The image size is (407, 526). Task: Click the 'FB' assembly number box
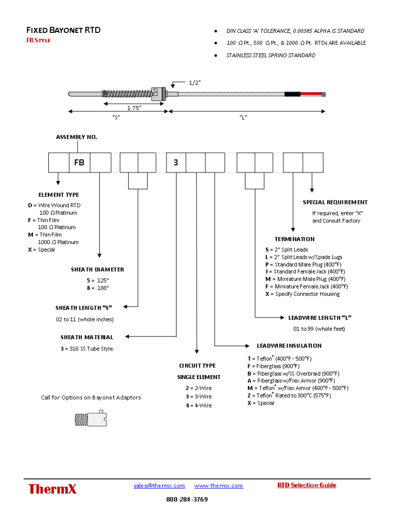pos(79,162)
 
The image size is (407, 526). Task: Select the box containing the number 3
pos(176,162)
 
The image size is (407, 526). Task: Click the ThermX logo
pos(52,489)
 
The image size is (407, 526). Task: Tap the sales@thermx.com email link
pos(159,485)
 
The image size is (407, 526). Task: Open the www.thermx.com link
pos(218,485)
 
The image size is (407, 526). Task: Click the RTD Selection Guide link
pos(307,485)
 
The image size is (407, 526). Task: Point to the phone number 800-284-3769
pos(187,499)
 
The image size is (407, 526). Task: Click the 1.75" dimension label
pos(134,107)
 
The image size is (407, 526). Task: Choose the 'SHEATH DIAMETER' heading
pos(97,269)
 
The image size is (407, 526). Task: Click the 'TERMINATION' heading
pos(294,239)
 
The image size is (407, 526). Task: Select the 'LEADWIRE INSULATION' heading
pos(289,346)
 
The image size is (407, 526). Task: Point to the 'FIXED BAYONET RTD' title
pos(63,30)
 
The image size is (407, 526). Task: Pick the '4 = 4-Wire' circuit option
pos(199,405)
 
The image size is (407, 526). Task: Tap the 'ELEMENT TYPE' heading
pos(59,195)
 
